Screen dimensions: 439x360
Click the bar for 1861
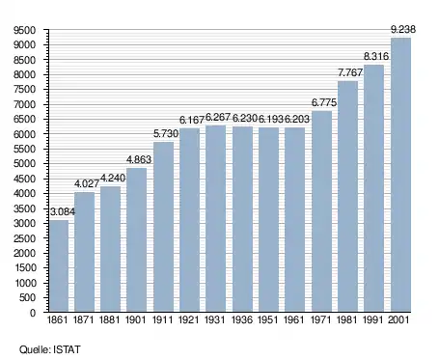click(59, 266)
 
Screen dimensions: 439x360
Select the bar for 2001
click(400, 175)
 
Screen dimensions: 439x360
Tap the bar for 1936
click(242, 219)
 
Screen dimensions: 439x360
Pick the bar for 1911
click(163, 227)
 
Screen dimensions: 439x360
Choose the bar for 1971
click(321, 211)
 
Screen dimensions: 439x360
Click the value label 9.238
click(403, 29)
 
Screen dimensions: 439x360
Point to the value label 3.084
click(63, 211)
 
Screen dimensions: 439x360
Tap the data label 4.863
click(139, 159)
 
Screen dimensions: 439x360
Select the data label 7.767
click(350, 72)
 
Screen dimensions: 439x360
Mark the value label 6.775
click(324, 102)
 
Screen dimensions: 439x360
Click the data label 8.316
click(376, 56)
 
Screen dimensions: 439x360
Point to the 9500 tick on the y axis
click(24, 30)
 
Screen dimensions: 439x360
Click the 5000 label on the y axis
click(24, 164)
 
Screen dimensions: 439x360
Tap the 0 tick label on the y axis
click(33, 313)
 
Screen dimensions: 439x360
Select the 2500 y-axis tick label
click(24, 238)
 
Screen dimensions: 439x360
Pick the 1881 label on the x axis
click(109, 319)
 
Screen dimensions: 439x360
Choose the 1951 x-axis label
click(268, 319)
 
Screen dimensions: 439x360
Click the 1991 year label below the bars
click(373, 319)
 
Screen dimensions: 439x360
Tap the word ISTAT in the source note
click(67, 349)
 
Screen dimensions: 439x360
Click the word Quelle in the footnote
click(35, 349)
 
